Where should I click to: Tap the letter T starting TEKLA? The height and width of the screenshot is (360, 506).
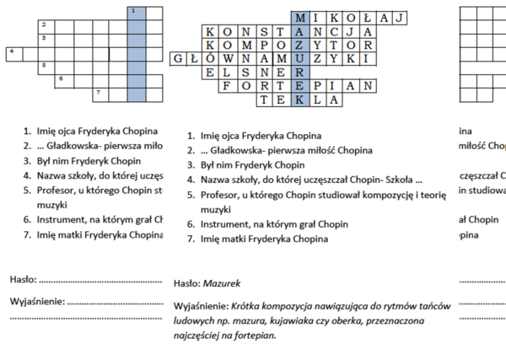(265, 99)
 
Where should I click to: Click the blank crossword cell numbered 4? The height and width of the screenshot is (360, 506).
(13, 54)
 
